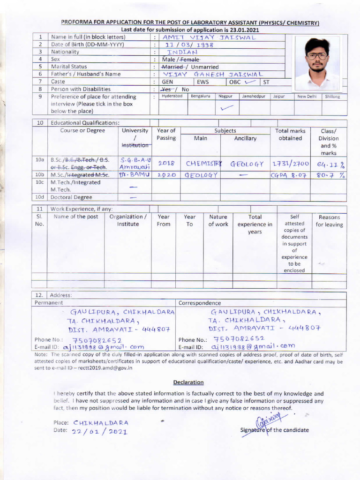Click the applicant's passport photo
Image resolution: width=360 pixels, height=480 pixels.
pyautogui.click(x=317, y=62)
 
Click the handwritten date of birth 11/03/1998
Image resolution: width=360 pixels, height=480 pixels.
pyautogui.click(x=189, y=45)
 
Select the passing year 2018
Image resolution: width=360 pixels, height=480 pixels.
pyautogui.click(x=166, y=164)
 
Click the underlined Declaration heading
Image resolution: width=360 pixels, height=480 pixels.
pyautogui.click(x=188, y=382)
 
